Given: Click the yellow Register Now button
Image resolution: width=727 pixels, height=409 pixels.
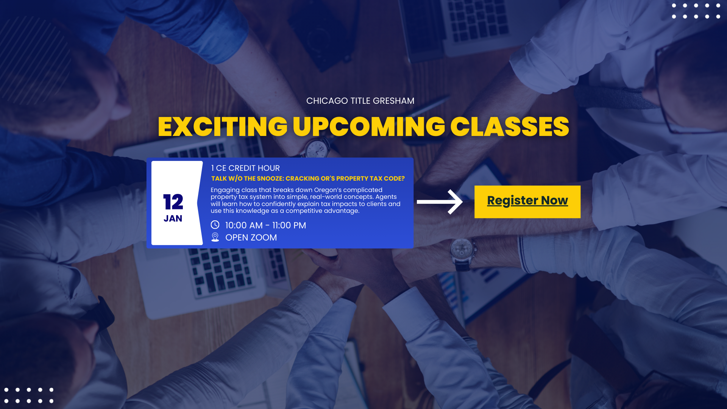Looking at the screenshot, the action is pos(527,201).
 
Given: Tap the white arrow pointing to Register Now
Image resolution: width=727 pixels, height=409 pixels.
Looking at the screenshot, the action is pos(440,202).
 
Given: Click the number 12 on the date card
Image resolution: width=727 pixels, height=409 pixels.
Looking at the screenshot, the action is pos(173,202).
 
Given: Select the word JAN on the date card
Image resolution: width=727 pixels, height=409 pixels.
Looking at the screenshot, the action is pos(173,219).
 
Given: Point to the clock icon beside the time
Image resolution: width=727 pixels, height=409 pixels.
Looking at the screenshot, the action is pos(215,225).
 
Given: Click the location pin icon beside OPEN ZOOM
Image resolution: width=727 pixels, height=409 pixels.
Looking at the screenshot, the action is pos(215,237).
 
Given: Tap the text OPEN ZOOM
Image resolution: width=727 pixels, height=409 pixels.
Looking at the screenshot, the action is pos(251,237).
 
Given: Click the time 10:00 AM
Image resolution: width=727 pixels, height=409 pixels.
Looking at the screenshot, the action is pos(244,225).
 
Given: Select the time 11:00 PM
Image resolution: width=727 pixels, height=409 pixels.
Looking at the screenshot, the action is pos(289,225).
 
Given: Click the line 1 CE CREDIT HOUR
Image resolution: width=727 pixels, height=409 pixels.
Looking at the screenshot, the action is pos(245,168).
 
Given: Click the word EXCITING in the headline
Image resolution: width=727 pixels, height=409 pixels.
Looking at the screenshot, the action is pos(223,126).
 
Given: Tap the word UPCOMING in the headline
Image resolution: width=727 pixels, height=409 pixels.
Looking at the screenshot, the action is pos(369,126).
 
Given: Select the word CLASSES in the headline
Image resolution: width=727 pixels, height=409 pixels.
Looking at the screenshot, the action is pos(510,126).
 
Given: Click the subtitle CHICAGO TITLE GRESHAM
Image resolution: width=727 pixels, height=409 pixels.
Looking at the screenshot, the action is pos(360,101).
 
